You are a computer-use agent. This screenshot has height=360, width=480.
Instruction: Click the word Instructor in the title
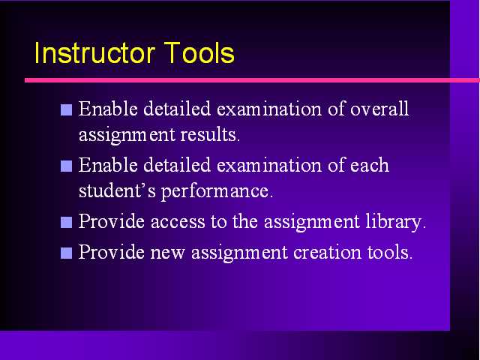coord(94,53)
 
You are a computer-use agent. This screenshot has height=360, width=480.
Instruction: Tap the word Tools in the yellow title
coord(199,53)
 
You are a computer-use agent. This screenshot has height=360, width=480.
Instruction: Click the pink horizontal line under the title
coord(252,80)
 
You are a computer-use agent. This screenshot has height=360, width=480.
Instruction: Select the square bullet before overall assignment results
coord(67,110)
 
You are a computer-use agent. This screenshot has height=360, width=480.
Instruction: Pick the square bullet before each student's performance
coord(67,166)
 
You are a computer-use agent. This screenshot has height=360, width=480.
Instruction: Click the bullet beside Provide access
coord(67,223)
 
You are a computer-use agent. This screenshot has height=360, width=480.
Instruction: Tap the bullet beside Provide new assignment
coord(67,253)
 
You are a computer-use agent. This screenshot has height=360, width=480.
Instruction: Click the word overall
coord(379,108)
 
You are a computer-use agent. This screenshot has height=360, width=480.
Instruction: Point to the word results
coord(210,134)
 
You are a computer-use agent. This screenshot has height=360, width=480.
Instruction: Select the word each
coord(370,165)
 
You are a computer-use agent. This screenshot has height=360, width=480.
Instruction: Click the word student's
coord(117,190)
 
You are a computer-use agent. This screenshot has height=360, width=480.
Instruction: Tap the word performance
coord(217,192)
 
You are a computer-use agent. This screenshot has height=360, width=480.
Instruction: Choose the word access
coord(178,222)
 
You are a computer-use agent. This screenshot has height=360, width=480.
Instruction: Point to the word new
coord(168,253)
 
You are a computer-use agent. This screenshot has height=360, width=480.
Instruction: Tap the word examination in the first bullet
coord(269,109)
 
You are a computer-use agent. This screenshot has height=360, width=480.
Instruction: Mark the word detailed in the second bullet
coord(177,165)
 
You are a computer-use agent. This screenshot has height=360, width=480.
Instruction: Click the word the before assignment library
coord(245,221)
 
